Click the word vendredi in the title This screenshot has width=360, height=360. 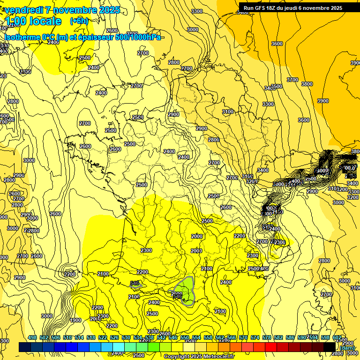click(23, 10)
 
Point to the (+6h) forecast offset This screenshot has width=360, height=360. click(79, 21)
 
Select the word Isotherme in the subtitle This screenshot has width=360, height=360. click(22, 37)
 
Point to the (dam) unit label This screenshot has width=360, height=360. click(347, 348)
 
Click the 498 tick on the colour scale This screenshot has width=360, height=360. click(32, 338)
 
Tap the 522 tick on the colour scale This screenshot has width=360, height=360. click(103, 338)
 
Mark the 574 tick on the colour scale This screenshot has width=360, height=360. click(255, 338)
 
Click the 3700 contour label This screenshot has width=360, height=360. click(292, 80)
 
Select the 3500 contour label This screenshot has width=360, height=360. click(277, 86)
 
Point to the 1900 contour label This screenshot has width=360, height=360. click(75, 321)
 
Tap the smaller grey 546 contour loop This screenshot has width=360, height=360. click(135, 284)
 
